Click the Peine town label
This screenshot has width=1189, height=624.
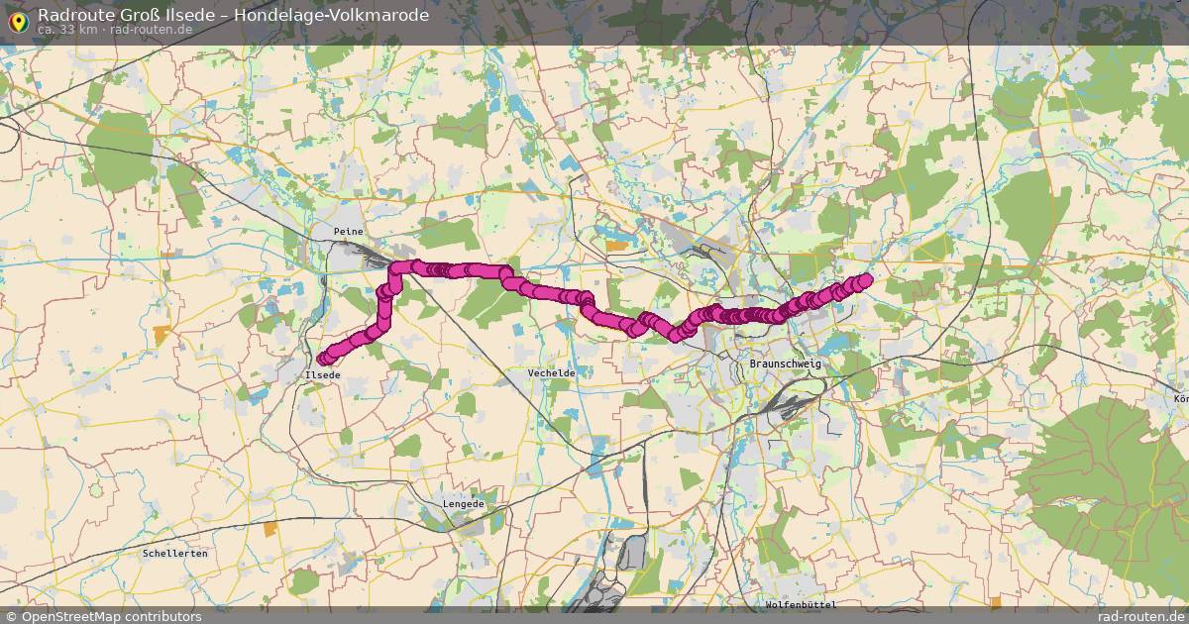pyautogui.click(x=349, y=231)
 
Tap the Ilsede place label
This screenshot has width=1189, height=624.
pyautogui.click(x=323, y=375)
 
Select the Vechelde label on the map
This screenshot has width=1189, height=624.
pyautogui.click(x=551, y=372)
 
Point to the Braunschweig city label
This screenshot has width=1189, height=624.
pyautogui.click(x=786, y=364)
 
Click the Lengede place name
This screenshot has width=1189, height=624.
pyautogui.click(x=464, y=504)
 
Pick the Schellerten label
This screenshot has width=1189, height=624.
pyautogui.click(x=175, y=553)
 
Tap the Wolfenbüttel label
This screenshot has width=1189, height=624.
pyautogui.click(x=801, y=604)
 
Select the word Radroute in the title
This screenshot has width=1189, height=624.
pyautogui.click(x=72, y=14)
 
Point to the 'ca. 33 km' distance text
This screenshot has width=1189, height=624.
pyautogui.click(x=66, y=30)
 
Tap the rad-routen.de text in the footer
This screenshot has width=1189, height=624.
pyautogui.click(x=1141, y=616)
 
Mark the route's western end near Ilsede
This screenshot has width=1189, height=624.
pyautogui.click(x=323, y=359)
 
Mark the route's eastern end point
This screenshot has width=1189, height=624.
pyautogui.click(x=865, y=279)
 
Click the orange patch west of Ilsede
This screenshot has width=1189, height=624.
pyautogui.click(x=162, y=334)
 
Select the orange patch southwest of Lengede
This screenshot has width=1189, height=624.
pyautogui.click(x=270, y=529)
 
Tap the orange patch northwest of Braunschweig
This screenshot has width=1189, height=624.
pyautogui.click(x=616, y=244)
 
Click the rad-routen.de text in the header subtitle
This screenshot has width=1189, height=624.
pyautogui.click(x=151, y=30)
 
